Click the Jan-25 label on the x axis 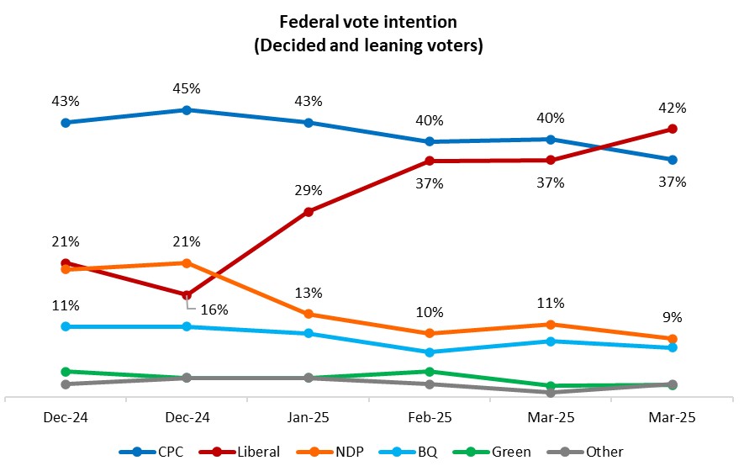click(x=309, y=417)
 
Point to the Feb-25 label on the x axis click(x=430, y=417)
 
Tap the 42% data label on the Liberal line click(x=673, y=108)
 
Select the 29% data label click(x=309, y=191)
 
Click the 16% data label click(x=214, y=309)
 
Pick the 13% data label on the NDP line click(x=309, y=293)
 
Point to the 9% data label click(x=673, y=318)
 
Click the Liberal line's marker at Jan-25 click(x=309, y=212)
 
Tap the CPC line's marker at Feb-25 click(x=430, y=141)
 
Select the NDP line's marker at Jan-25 click(x=309, y=314)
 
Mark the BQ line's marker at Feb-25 click(x=430, y=352)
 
